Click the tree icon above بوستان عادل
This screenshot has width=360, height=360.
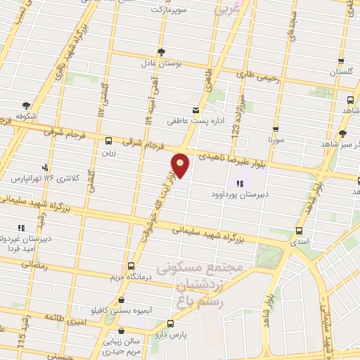[x=162, y=51]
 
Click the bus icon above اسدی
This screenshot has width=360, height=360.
[x=300, y=231]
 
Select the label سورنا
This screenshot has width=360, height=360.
[x=274, y=141]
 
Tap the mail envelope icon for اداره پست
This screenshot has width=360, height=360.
[x=195, y=110]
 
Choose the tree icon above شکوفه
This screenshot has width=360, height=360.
[x=26, y=106]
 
